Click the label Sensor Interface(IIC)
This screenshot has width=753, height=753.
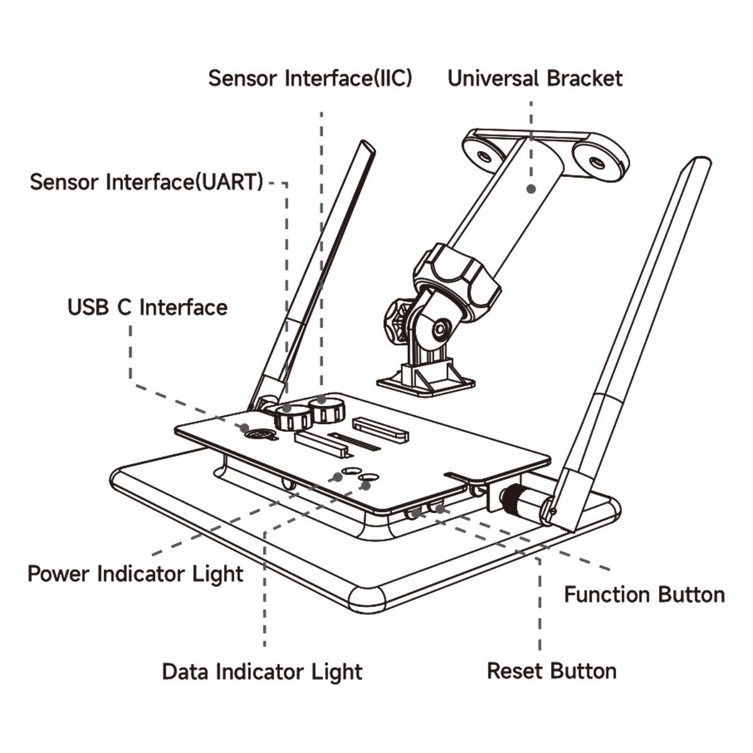pos(310,78)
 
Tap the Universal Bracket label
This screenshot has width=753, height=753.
pos(535,78)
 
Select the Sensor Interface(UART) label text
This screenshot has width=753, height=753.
pos(146,182)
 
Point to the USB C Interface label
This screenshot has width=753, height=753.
pos(147,307)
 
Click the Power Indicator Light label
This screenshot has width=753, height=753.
pos(135,574)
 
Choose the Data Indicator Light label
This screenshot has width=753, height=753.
pos(262,671)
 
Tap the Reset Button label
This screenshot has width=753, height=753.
pos(552,671)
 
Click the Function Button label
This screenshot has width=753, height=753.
pos(644,595)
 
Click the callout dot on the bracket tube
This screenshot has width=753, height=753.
pos(531,187)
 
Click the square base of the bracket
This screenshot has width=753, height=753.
pos(425,380)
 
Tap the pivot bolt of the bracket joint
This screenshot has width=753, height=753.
pos(441,328)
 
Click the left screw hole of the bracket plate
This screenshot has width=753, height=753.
pos(484,154)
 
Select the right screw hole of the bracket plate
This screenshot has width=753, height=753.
pos(597,163)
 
